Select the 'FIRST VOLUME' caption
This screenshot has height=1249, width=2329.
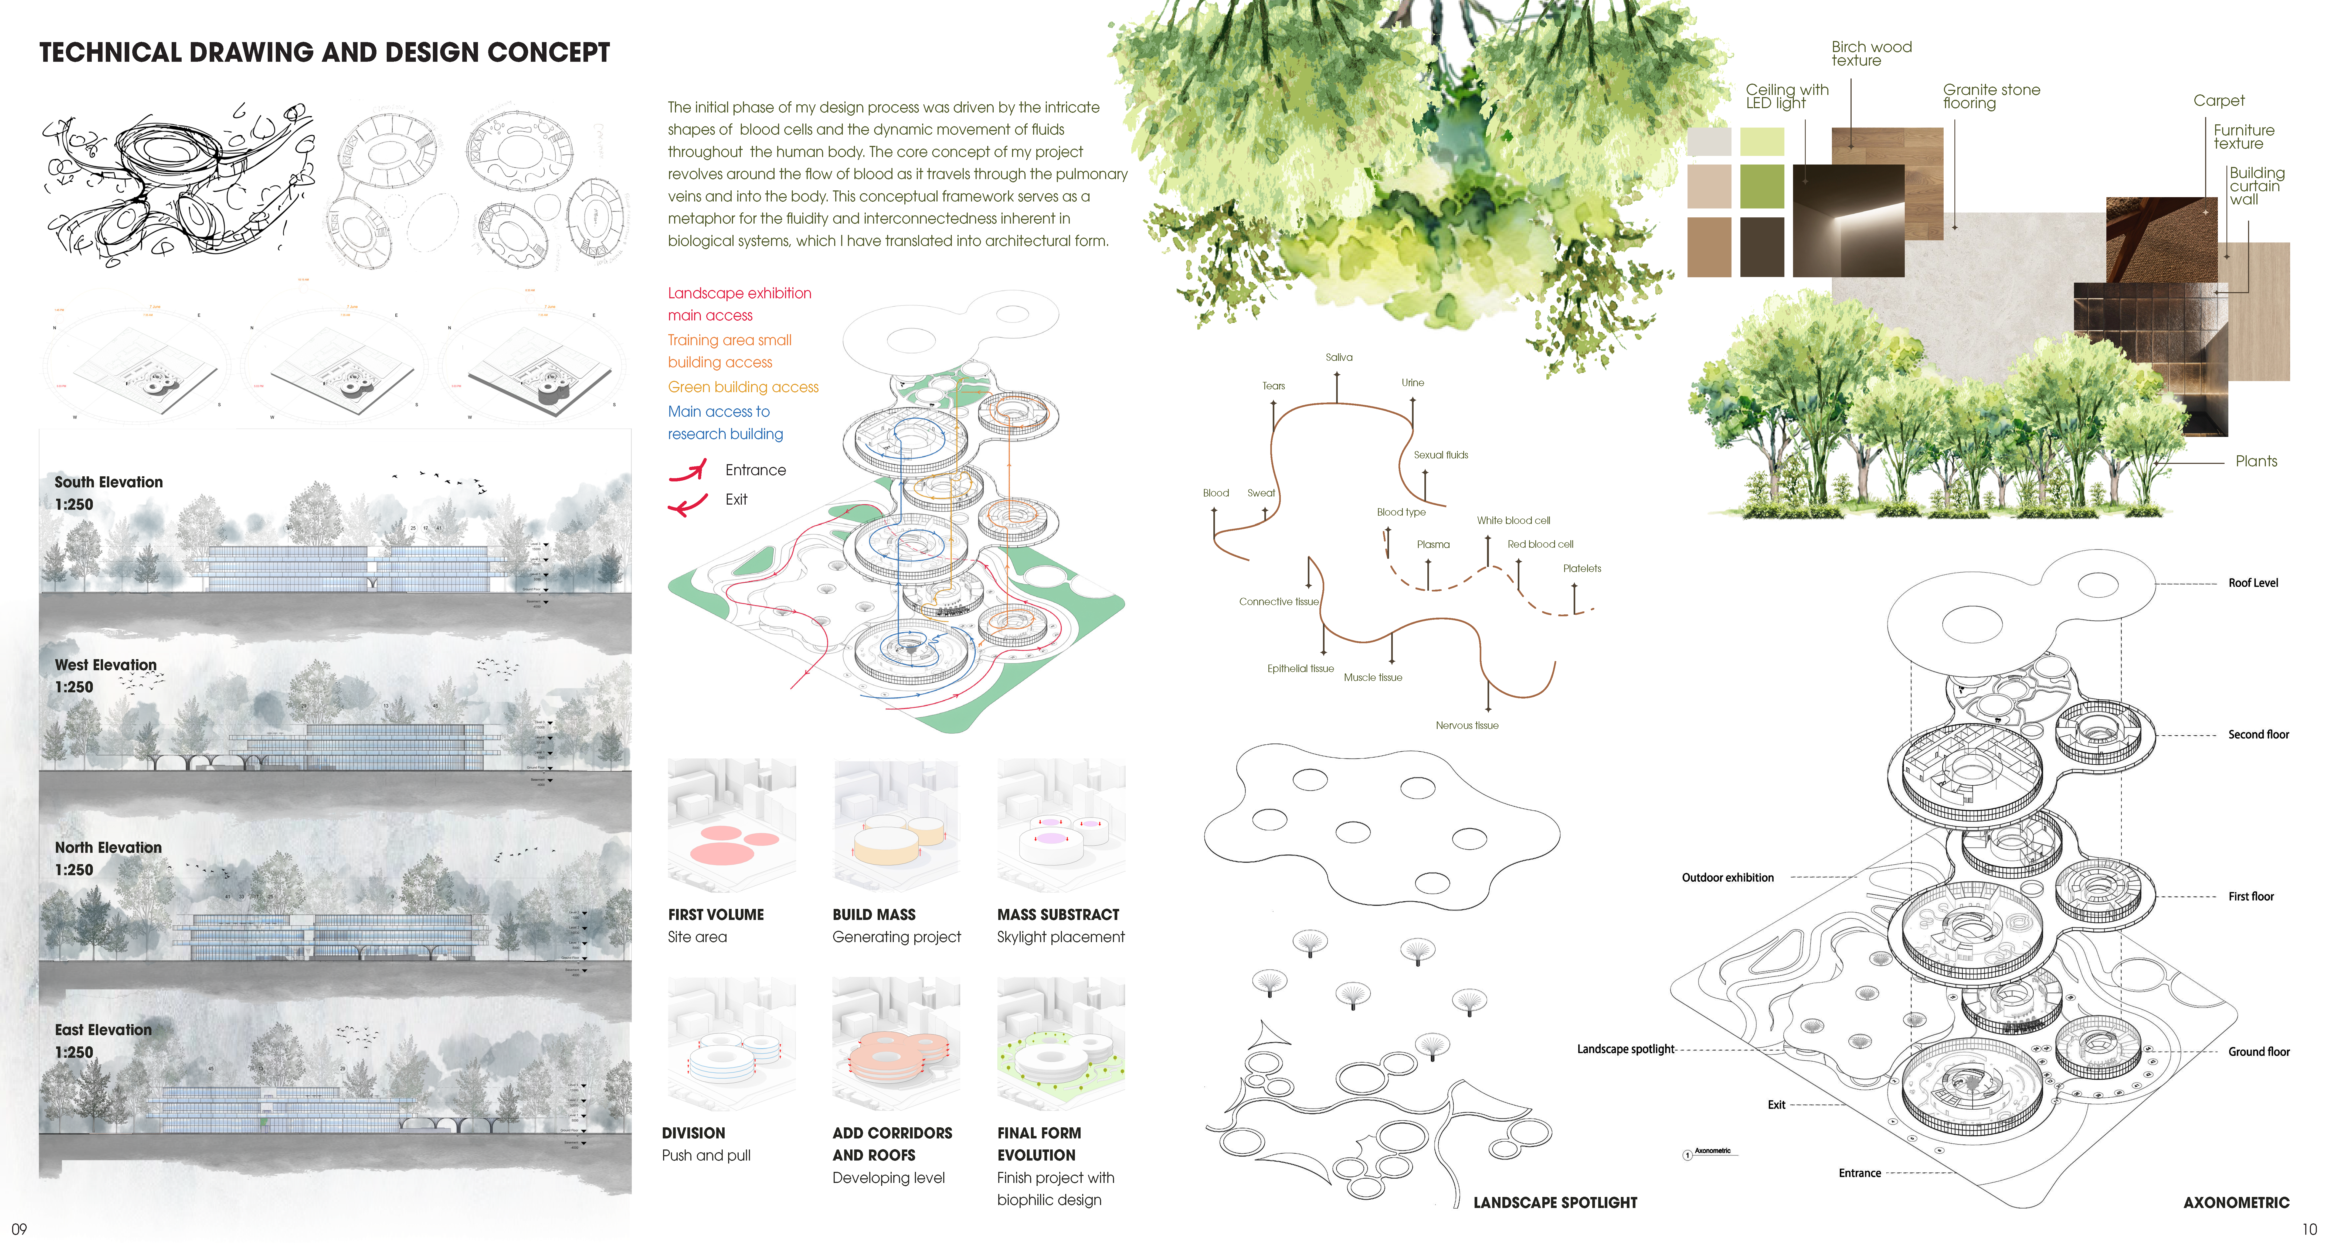coord(715,915)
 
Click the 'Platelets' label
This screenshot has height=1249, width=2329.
coord(1581,569)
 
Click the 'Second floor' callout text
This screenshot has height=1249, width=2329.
coord(2257,735)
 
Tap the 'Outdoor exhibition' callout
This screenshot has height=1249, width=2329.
coord(1727,878)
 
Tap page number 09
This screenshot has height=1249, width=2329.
coord(19,1229)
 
